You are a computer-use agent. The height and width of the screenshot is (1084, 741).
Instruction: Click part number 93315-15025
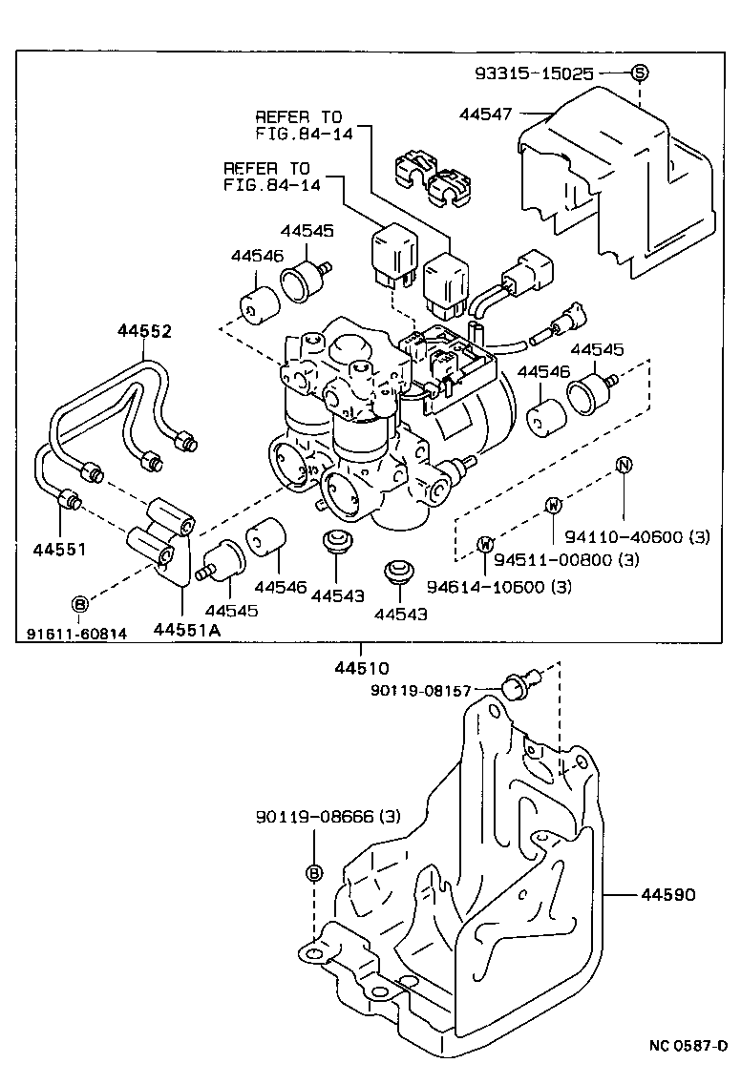click(x=535, y=73)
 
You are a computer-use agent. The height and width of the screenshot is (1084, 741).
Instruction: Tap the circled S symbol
click(x=639, y=73)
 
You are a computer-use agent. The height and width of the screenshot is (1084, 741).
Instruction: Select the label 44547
click(x=484, y=115)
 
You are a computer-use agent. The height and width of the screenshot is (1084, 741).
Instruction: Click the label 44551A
click(x=184, y=630)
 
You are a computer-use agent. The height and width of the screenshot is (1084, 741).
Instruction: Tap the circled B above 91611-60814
click(x=80, y=603)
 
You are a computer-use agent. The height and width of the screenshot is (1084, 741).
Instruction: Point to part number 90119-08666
click(x=327, y=818)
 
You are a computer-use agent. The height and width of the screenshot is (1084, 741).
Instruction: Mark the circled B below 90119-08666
click(x=315, y=873)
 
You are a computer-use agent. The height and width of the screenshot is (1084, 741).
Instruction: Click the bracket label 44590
click(x=668, y=895)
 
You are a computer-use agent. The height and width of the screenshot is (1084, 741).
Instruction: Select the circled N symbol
click(x=623, y=466)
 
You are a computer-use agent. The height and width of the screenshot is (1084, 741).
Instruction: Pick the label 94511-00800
click(x=559, y=559)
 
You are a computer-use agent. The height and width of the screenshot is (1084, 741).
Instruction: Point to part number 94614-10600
click(x=498, y=586)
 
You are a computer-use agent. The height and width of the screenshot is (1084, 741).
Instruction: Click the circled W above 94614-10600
click(x=485, y=544)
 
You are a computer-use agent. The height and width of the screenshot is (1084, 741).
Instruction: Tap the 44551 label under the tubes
click(x=60, y=551)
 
